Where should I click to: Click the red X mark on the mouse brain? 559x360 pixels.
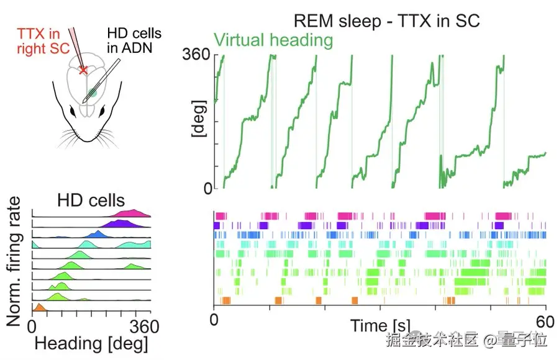click(84, 70)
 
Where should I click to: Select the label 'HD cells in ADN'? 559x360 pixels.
click(134, 40)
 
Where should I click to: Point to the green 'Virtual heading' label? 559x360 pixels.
click(273, 41)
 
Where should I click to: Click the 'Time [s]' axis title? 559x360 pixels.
click(379, 325)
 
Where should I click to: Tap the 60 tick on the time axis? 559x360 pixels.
click(545, 322)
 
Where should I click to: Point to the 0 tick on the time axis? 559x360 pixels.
click(214, 322)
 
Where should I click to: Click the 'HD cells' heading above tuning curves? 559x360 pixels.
click(91, 200)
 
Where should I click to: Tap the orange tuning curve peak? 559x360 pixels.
click(39, 307)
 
